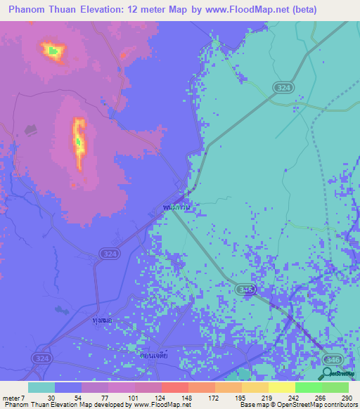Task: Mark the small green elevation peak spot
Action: click(52, 50)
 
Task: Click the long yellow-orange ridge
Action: click(79, 144)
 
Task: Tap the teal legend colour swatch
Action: click(41, 387)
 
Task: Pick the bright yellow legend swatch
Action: click(281, 387)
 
